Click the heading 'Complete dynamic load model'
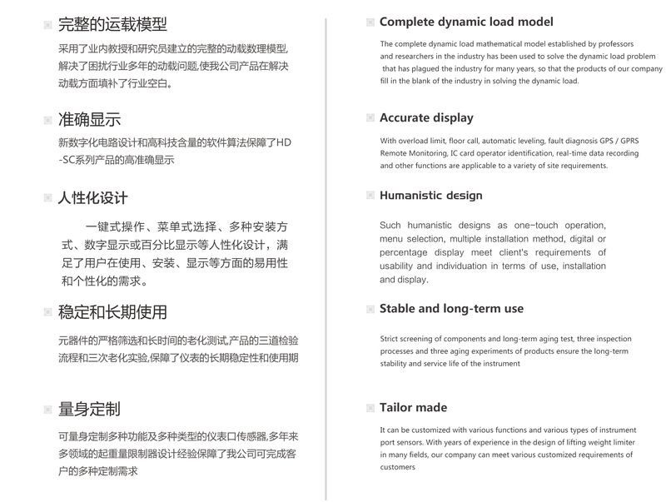click(466, 22)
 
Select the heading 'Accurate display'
click(426, 117)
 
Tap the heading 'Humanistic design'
click(430, 196)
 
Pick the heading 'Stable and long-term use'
click(451, 309)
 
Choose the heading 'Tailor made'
click(413, 407)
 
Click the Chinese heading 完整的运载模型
click(112, 24)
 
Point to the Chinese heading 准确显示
click(89, 119)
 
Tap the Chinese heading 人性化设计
click(92, 198)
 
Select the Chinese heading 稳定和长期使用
click(112, 312)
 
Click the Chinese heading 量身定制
click(89, 409)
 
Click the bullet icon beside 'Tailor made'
click(370, 408)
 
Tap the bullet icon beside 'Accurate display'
click(370, 118)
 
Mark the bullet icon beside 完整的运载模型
click(47, 25)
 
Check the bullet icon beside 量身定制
click(47, 410)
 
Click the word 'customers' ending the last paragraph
click(398, 467)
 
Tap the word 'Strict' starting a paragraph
click(391, 339)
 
